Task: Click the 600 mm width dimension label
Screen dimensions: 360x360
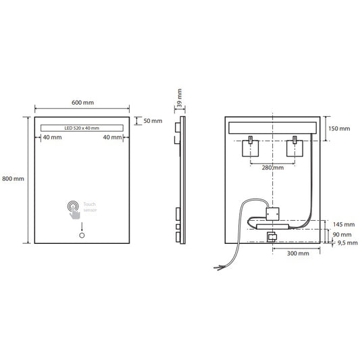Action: tap(82, 103)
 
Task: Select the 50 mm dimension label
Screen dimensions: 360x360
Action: tap(153, 121)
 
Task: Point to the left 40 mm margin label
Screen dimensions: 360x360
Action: tap(52, 137)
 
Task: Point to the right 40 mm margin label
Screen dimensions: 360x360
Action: tap(111, 137)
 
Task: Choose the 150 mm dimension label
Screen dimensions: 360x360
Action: tap(340, 128)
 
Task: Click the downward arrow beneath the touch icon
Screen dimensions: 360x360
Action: tap(82, 226)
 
